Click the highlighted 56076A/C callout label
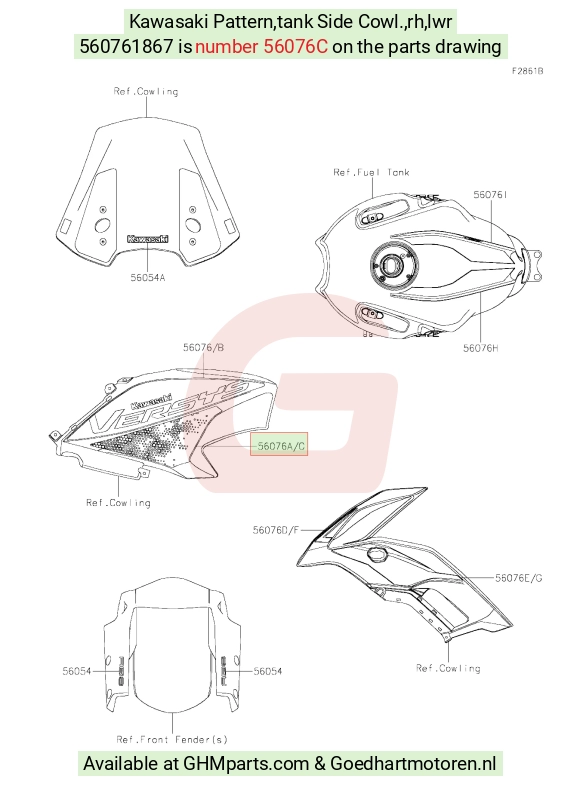point(279,445)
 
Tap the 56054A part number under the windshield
point(148,278)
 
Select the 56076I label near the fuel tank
point(490,194)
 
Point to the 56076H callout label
point(480,348)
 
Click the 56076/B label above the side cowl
point(203,347)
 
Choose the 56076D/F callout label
point(275,530)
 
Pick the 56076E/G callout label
point(518,578)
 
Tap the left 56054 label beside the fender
point(77,671)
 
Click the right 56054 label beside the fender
point(268,671)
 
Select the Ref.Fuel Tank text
point(371,172)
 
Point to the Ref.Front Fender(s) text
point(172,739)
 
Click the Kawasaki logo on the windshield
point(148,239)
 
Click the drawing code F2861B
point(527,71)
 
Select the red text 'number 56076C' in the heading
point(261,47)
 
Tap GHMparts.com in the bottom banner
point(246,764)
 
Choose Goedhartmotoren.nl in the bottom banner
point(413,764)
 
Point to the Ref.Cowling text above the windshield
point(146,91)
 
